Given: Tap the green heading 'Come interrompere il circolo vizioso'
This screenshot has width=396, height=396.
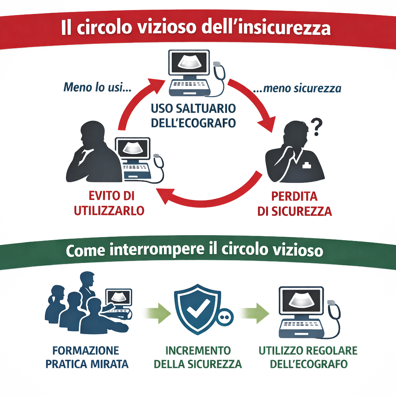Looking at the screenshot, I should point(194,250).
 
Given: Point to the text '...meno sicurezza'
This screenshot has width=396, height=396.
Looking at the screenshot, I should point(297,89).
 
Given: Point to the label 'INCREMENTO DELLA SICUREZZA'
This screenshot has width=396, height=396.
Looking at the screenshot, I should point(198,357).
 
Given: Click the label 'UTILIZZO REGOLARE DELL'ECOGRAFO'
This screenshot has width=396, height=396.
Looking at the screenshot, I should point(308,357).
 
